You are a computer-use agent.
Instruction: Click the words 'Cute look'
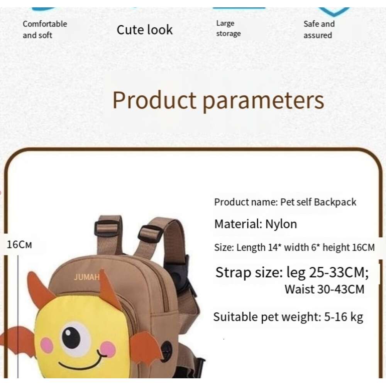point(145,30)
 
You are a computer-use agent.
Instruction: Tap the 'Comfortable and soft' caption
point(45,29)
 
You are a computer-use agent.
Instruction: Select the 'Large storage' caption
point(228,29)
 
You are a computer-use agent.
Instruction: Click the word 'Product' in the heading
point(154,100)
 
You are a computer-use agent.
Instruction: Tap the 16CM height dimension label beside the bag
point(19,244)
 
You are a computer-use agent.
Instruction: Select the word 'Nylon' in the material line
point(281,224)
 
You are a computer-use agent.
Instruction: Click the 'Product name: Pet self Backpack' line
point(285,202)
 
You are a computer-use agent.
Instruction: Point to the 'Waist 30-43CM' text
point(324,289)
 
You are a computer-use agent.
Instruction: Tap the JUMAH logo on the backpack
point(86,277)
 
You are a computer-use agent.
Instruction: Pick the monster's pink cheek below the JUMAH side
point(47,345)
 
